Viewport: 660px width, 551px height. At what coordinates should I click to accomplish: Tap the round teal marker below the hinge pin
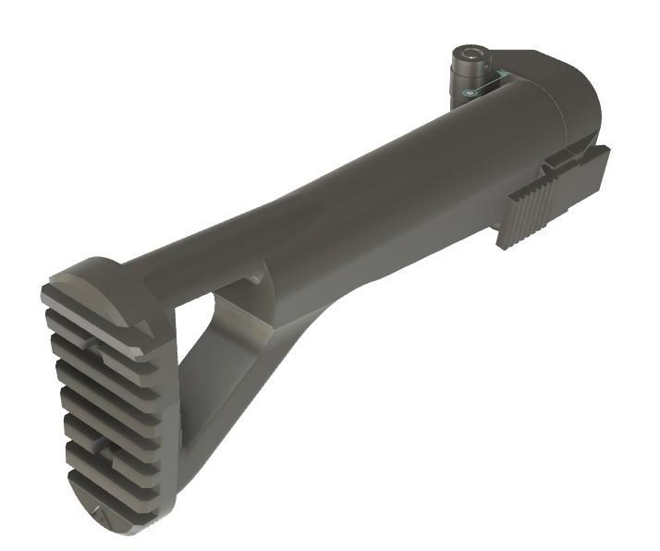point(470,93)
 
